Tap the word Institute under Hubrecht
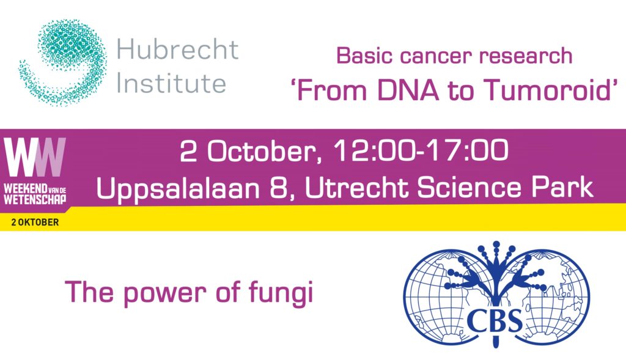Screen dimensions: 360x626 tap(171, 84)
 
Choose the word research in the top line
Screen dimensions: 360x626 tap(526, 56)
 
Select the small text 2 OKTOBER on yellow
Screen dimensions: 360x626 tap(35, 222)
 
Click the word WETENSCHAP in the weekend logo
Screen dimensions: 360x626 tap(35, 200)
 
